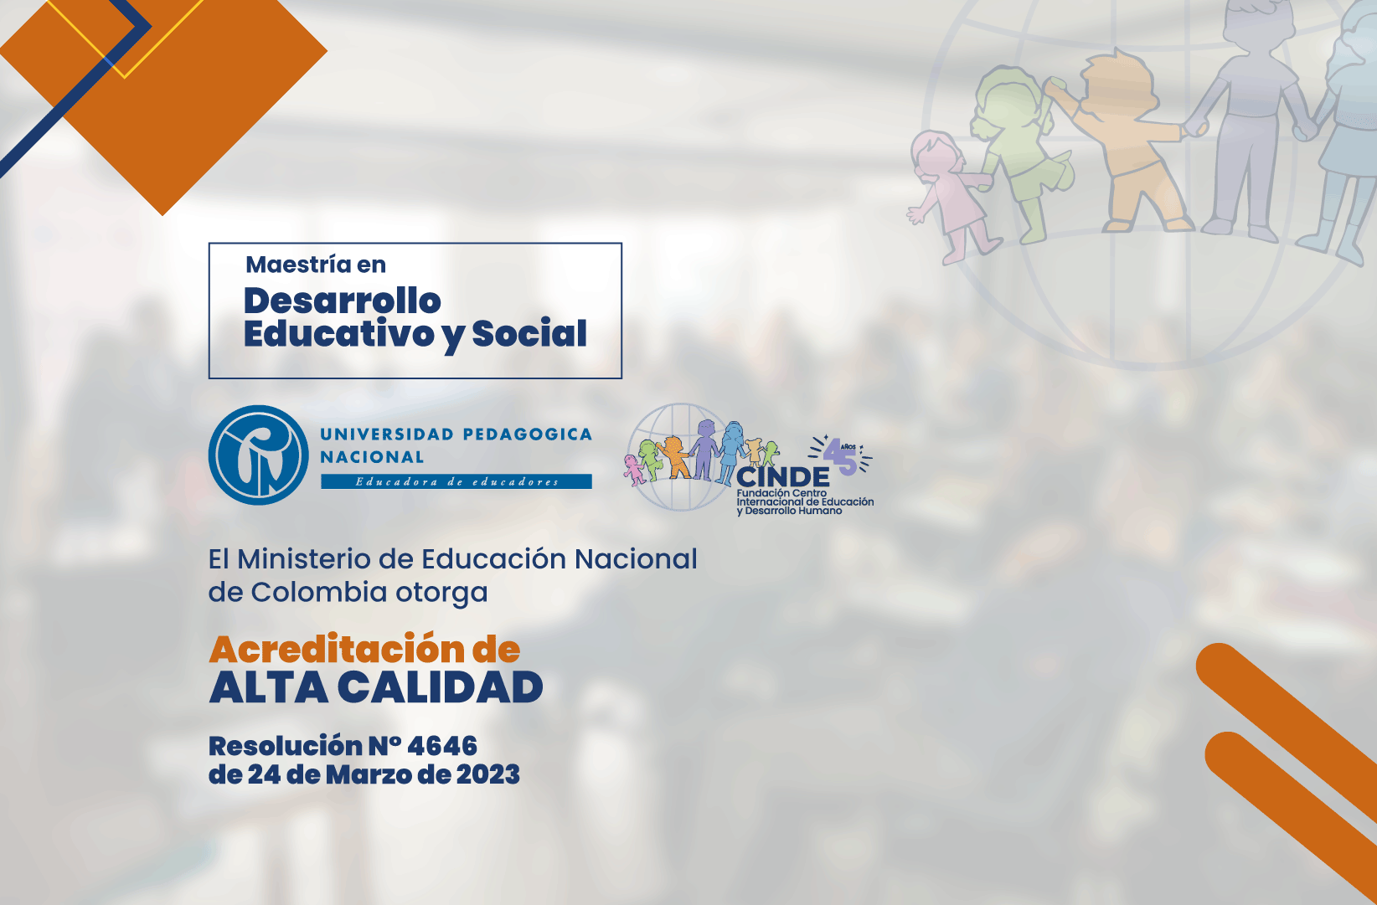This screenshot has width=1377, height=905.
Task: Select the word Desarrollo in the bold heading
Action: pos(343,301)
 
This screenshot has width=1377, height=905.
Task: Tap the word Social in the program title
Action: pos(529,333)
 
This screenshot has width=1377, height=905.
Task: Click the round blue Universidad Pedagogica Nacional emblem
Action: pos(258,455)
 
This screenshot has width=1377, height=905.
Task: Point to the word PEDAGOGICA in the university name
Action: pos(527,435)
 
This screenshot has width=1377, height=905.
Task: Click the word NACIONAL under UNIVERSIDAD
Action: pos(372,457)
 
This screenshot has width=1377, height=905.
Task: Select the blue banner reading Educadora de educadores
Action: pos(456,481)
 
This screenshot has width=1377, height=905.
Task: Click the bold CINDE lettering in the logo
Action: pos(782,476)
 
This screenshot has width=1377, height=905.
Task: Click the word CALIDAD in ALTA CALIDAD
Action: pos(440,686)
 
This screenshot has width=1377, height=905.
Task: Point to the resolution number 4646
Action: pos(442,746)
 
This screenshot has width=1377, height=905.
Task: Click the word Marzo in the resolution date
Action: pos(369,774)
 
